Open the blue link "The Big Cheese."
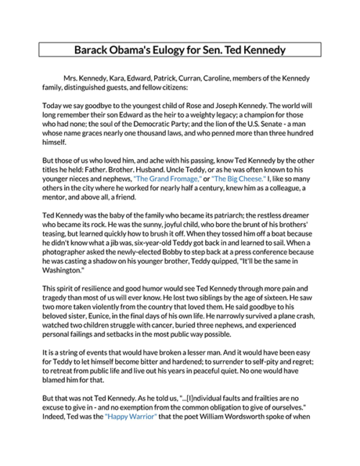coord(238,177)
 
